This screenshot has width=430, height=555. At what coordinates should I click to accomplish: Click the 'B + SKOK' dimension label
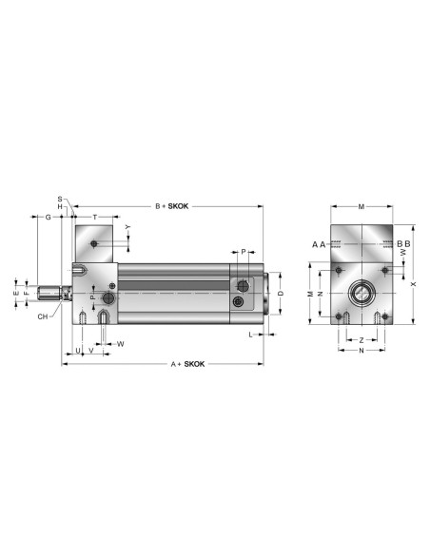pos(172,206)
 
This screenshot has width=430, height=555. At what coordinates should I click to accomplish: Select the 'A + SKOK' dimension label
pos(187,364)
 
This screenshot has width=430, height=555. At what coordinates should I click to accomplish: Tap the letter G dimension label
pos(49,217)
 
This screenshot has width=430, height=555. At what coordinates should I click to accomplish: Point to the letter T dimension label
pos(95,217)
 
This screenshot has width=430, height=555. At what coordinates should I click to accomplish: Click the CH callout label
pos(43,316)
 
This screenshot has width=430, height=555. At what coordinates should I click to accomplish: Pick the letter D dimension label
pos(281,294)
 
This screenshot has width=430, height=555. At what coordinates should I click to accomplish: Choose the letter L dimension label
pos(251,335)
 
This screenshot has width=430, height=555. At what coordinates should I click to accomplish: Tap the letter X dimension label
pos(413,284)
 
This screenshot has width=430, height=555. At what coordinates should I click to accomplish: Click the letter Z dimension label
pos(362,340)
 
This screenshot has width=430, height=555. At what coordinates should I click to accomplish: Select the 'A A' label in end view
pos(319,244)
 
